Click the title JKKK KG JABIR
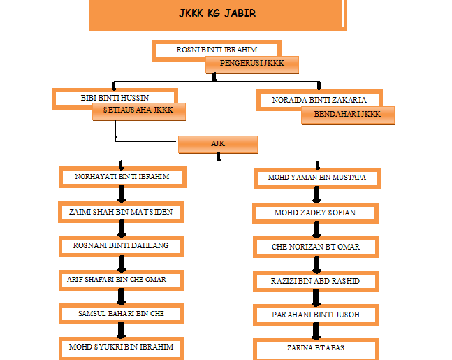[x=217, y=14]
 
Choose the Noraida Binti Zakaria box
[x=319, y=100]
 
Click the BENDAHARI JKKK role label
[x=347, y=114]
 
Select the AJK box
[x=218, y=143]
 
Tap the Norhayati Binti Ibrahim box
[x=122, y=177]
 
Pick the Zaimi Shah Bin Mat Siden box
[x=122, y=211]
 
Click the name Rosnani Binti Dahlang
[x=122, y=245]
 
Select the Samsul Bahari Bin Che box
[x=122, y=313]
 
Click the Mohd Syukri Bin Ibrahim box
[x=122, y=347]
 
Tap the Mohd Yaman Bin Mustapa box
[x=316, y=178]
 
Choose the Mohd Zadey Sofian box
[x=316, y=213]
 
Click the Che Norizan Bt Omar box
[x=316, y=247]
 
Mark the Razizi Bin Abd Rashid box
[x=316, y=280]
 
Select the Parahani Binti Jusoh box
[x=316, y=315]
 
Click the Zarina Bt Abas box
[x=316, y=347]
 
